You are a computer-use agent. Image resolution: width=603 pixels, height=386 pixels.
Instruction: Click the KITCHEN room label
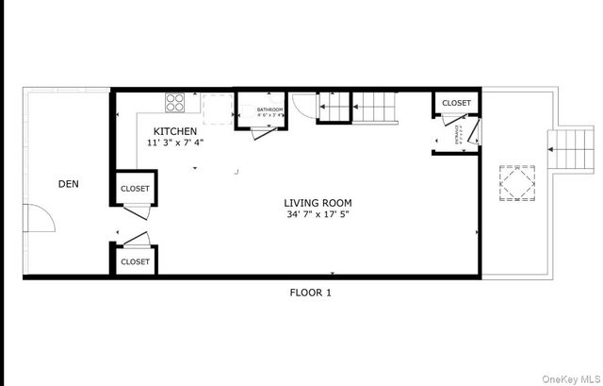coord(176,131)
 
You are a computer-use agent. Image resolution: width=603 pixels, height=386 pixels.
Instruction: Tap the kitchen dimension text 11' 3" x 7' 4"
coord(176,143)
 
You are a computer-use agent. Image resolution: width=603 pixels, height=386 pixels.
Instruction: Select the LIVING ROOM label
coord(318,203)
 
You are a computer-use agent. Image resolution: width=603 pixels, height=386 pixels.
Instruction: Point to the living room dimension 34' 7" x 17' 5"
coord(318,214)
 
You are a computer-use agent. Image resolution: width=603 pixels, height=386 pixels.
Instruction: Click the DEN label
coord(68,185)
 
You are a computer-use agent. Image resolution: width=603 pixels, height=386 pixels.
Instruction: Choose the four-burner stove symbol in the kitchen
coord(175,99)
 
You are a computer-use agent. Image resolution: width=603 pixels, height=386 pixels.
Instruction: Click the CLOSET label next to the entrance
coord(456,103)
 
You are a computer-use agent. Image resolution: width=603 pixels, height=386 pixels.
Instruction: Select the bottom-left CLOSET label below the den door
coord(135,261)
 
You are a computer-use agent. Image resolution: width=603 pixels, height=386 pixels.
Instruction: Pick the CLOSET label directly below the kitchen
coord(135,189)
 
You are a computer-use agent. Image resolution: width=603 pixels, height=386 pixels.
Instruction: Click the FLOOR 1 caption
coord(310,293)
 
